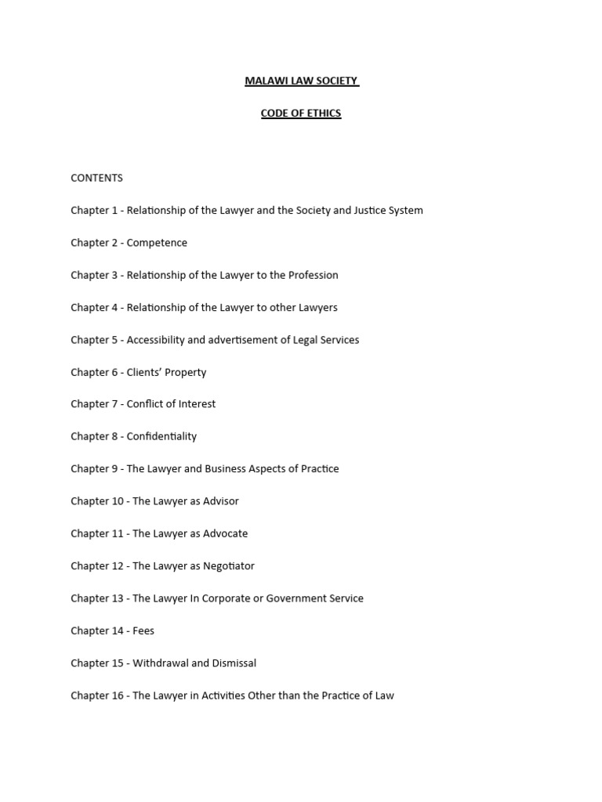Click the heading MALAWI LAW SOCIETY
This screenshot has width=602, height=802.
301,81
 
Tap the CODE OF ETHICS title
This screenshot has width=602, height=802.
301,113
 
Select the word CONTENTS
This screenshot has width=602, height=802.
96,178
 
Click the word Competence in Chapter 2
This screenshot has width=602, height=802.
157,243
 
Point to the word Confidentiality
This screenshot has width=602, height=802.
161,436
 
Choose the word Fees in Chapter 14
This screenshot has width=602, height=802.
143,630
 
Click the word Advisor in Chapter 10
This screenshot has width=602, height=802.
221,501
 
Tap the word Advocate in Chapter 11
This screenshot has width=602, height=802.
224,533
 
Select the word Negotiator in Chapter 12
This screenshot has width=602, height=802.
228,565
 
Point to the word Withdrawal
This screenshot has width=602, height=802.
161,663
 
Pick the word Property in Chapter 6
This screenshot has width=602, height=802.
187,372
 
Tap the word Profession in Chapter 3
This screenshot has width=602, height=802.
311,275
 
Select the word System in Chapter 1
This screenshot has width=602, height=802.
405,211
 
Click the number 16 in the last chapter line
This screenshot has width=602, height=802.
118,695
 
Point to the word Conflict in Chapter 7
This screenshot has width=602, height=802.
146,404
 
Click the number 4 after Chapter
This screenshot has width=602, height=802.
114,308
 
